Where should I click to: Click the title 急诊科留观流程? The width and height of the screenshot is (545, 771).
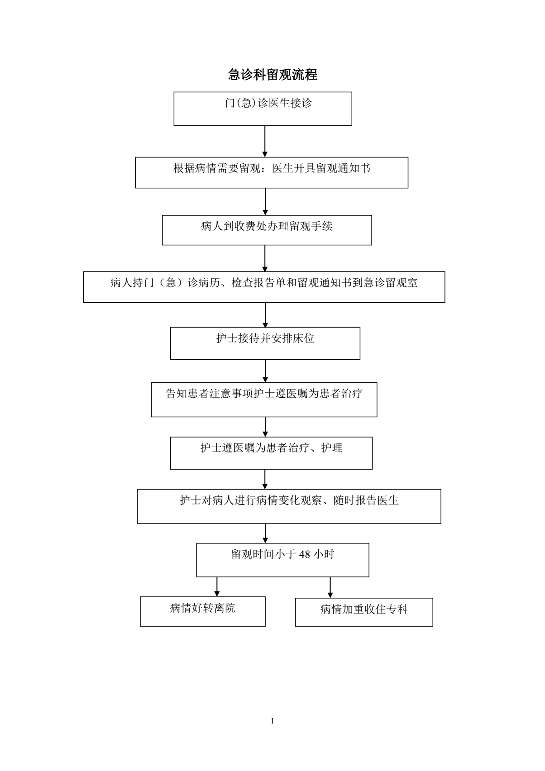click(272, 74)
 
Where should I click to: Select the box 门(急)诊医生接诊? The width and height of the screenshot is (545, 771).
click(263, 109)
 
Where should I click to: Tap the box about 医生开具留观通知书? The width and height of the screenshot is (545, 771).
click(272, 173)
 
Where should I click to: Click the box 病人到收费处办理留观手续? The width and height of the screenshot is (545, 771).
click(267, 230)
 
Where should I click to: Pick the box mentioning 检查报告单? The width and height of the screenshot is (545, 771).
click(264, 287)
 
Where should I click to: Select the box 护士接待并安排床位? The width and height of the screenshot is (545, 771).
click(265, 343)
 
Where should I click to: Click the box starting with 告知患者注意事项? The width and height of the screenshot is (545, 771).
click(264, 400)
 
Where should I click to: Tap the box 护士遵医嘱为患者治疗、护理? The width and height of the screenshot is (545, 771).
click(271, 453)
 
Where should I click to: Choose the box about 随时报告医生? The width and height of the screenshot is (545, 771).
click(289, 507)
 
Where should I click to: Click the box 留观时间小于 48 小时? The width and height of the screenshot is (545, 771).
click(282, 560)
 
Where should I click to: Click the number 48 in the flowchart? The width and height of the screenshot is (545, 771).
click(304, 554)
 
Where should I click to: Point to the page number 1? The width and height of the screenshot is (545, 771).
click(272, 721)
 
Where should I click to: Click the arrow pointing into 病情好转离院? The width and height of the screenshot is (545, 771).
click(217, 587)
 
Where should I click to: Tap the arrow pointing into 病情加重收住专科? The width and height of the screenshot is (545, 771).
click(330, 588)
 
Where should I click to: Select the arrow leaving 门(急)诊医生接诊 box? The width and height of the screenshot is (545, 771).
click(265, 142)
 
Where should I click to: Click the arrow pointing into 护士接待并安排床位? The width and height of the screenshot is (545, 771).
click(265, 315)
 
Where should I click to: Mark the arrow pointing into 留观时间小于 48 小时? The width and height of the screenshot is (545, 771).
click(265, 533)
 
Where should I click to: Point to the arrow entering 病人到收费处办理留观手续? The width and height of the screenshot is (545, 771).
click(265, 202)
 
